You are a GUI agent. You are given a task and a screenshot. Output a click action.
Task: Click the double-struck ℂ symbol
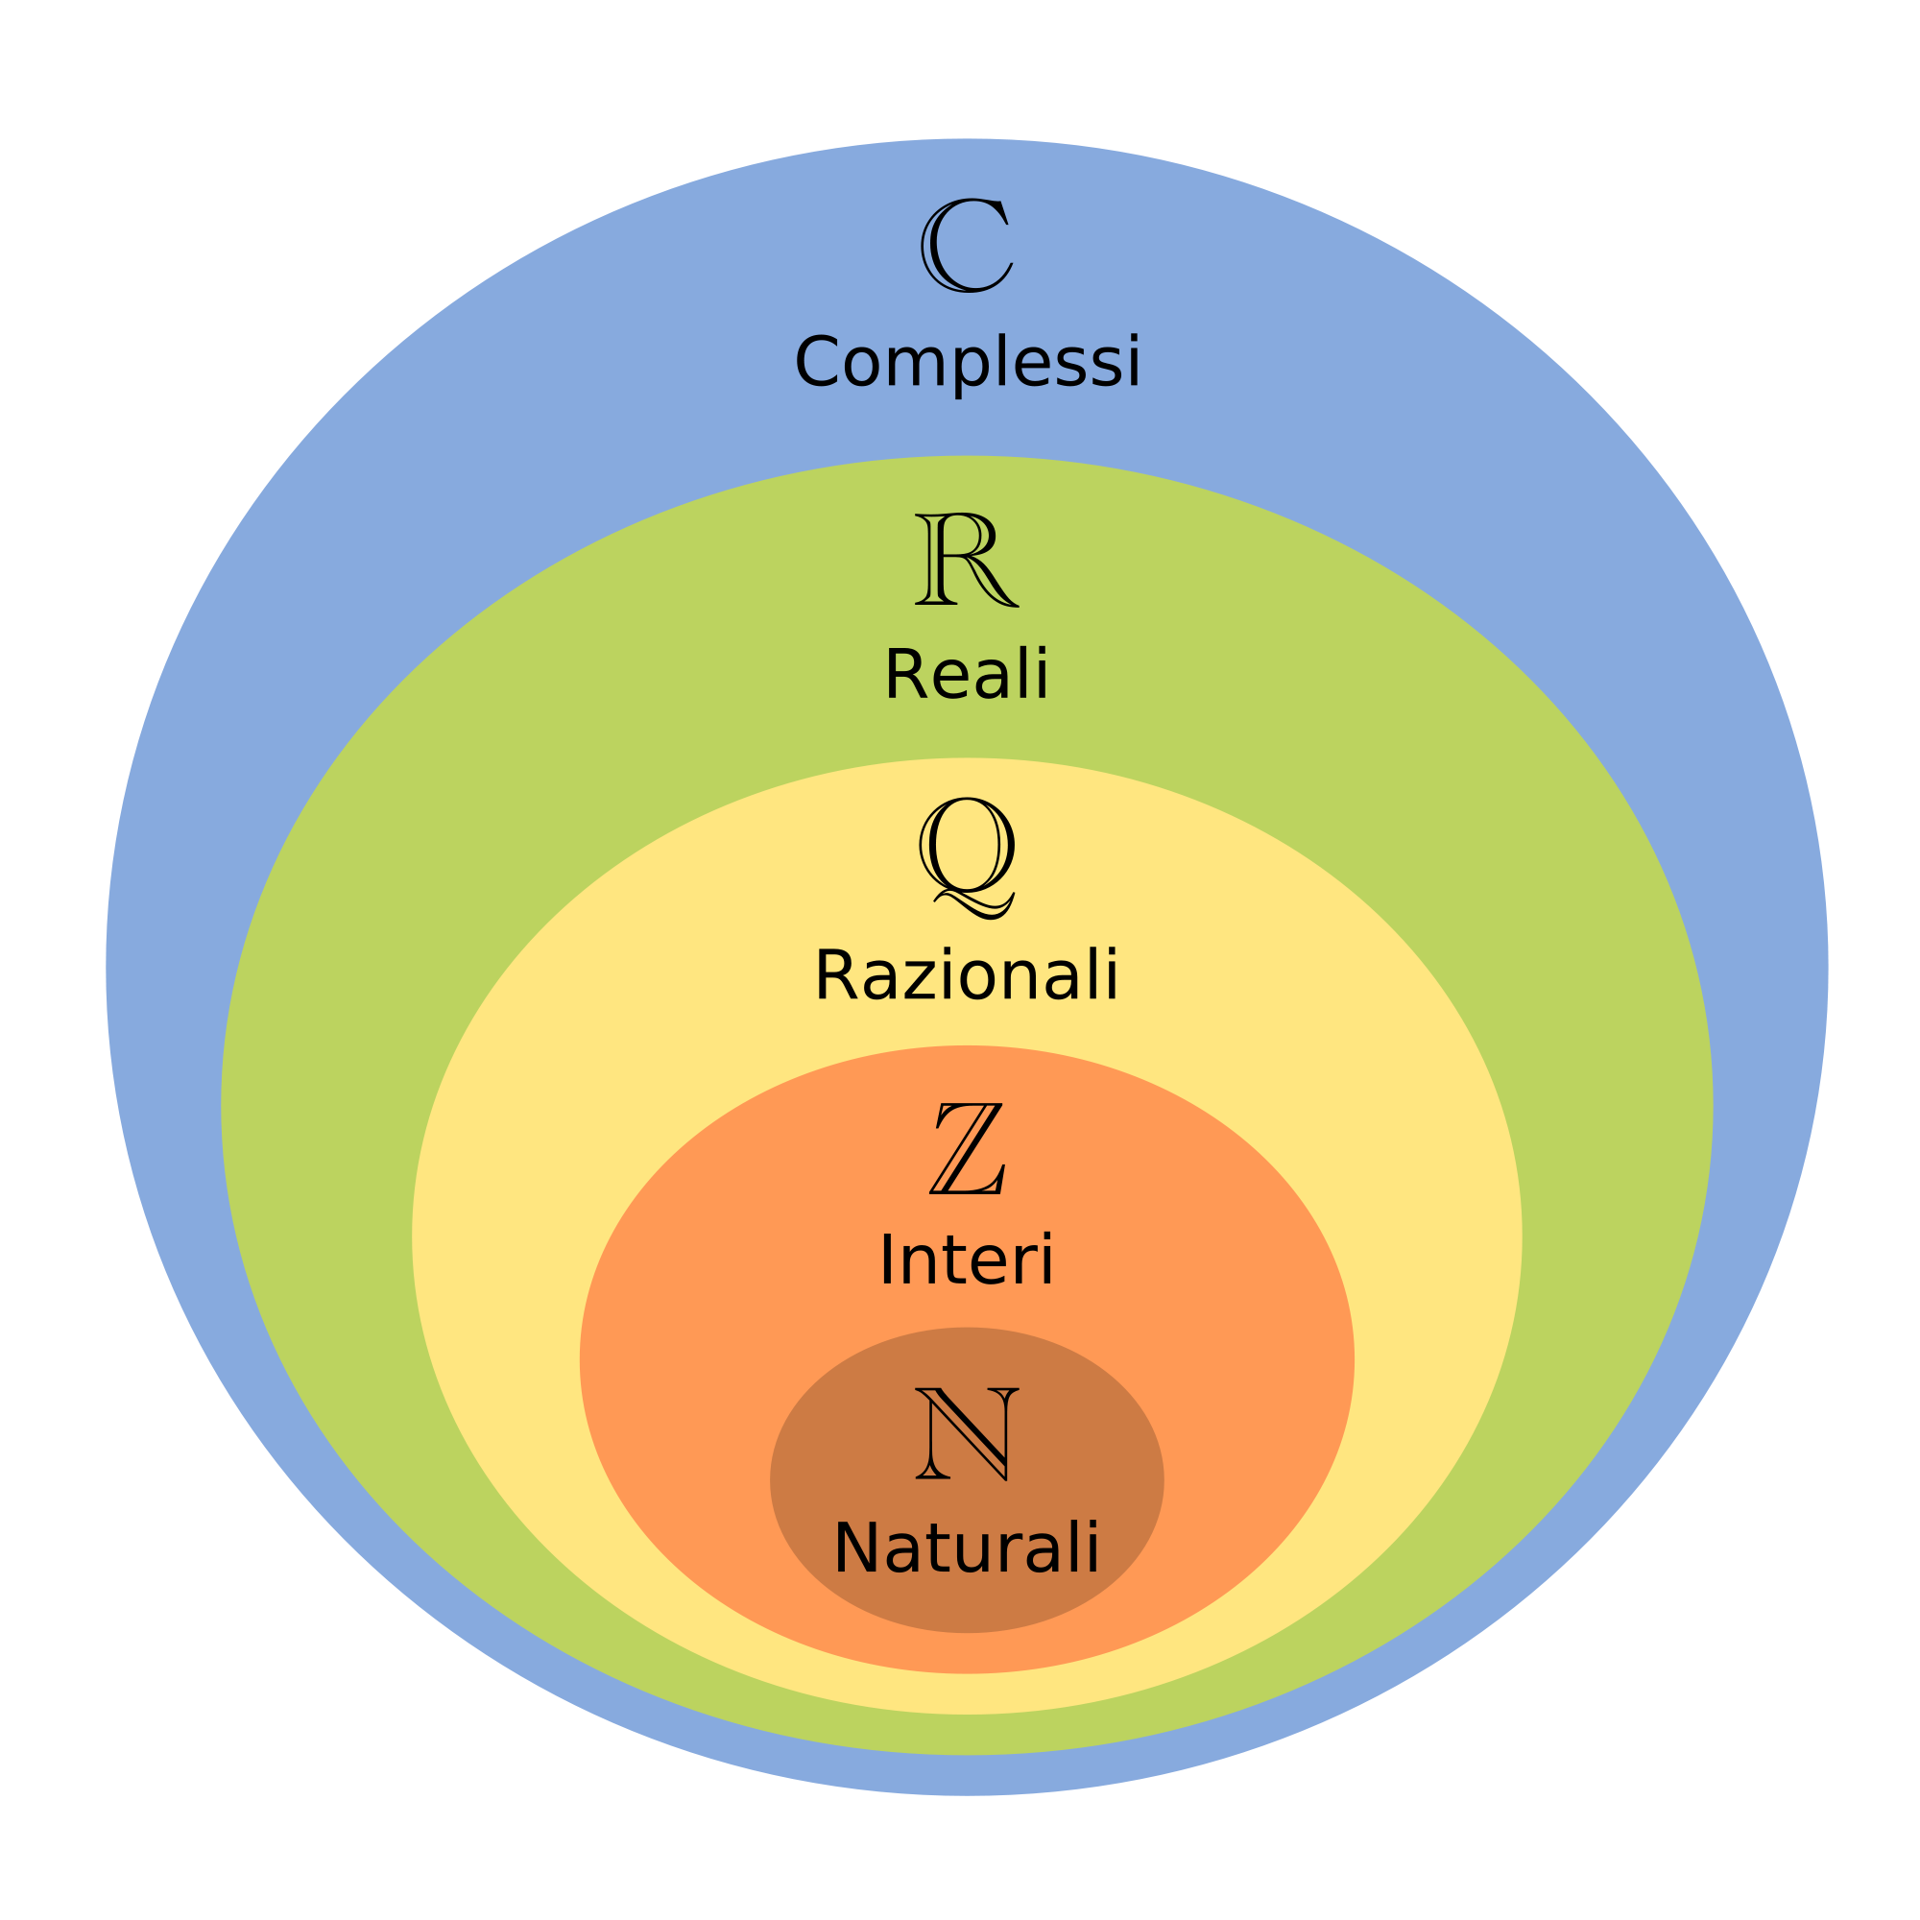pyautogui.click(x=966, y=246)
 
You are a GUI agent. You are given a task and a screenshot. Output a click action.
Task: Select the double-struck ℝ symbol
pyautogui.click(x=966, y=560)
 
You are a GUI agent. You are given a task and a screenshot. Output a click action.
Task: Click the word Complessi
pyautogui.click(x=967, y=363)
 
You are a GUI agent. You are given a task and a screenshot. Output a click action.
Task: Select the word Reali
pyautogui.click(x=966, y=676)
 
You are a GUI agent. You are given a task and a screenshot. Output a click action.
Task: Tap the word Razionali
pyautogui.click(x=966, y=977)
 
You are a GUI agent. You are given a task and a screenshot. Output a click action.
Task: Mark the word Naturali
pyautogui.click(x=966, y=1548)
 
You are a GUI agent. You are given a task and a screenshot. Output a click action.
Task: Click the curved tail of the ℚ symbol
pyautogui.click(x=979, y=907)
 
